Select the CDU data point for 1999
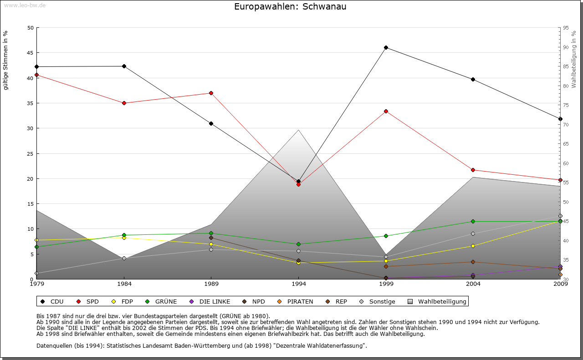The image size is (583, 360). pyautogui.click(x=386, y=47)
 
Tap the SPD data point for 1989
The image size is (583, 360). pyautogui.click(x=211, y=93)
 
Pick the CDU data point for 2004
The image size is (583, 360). pyautogui.click(x=473, y=79)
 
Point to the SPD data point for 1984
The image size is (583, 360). pyautogui.click(x=124, y=103)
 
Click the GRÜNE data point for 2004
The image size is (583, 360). pyautogui.click(x=473, y=221)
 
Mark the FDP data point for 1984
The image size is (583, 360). pyautogui.click(x=124, y=238)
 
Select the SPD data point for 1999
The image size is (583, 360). pyautogui.click(x=386, y=111)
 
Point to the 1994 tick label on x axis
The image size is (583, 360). pyautogui.click(x=299, y=284)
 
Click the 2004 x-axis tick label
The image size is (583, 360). pyautogui.click(x=473, y=284)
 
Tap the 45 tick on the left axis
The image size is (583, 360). pyautogui.click(x=31, y=53)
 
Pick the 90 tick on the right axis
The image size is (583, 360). pyautogui.click(x=566, y=47)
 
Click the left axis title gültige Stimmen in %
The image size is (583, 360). pyautogui.click(x=6, y=60)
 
